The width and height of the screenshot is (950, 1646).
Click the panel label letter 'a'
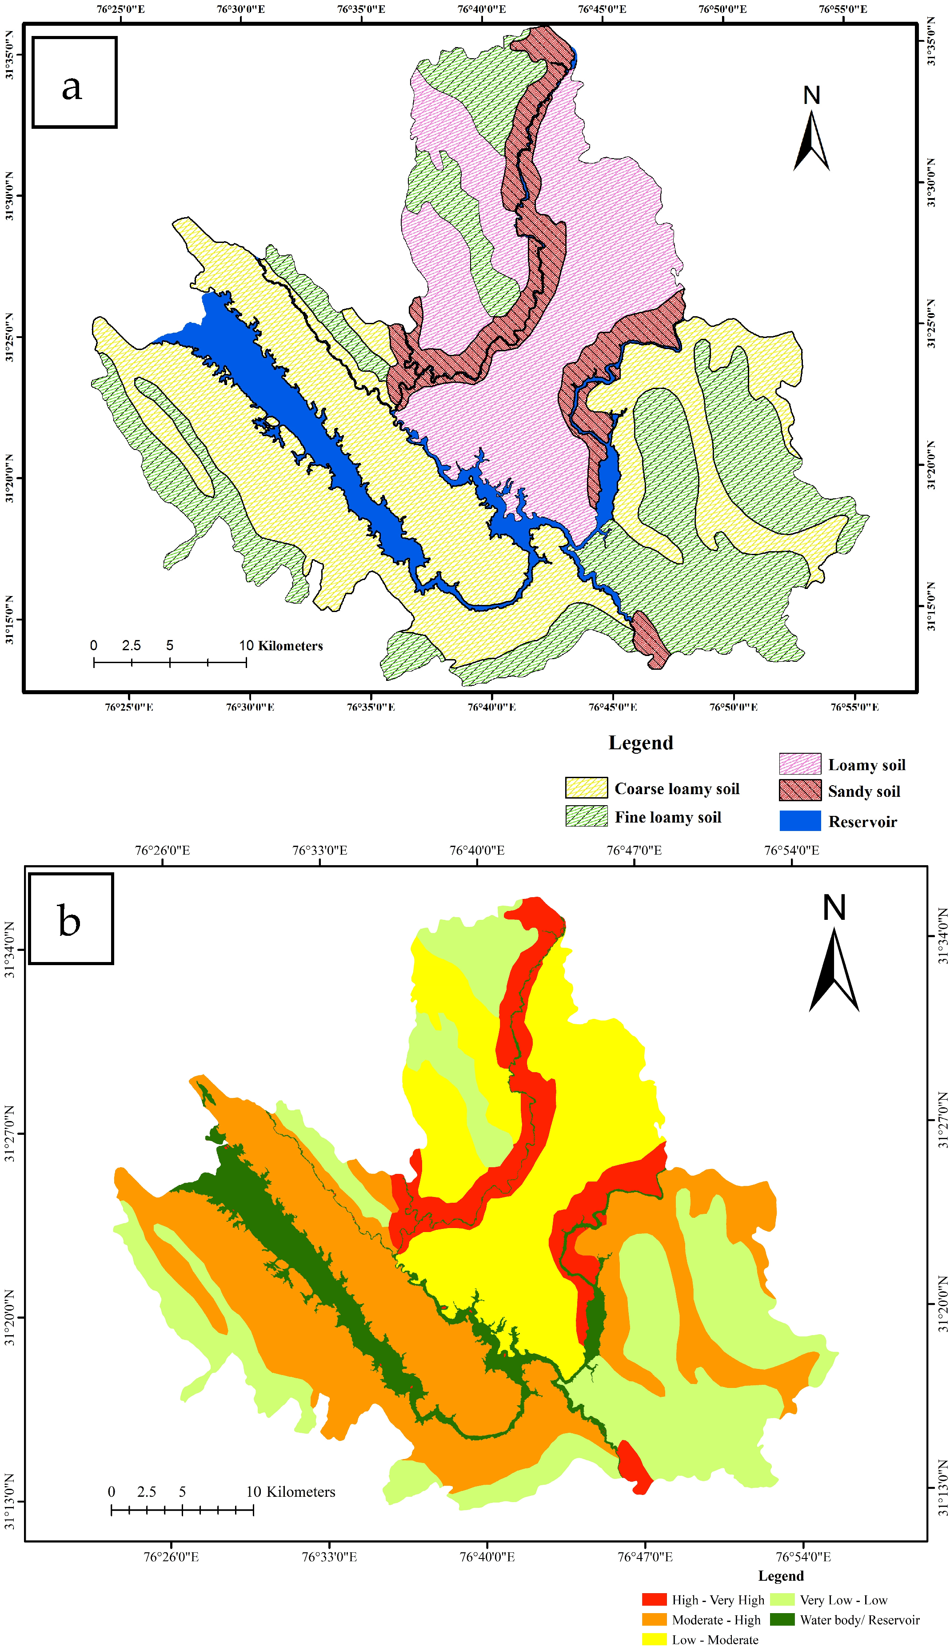[x=72, y=87]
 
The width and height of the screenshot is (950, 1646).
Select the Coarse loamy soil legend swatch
[x=586, y=788]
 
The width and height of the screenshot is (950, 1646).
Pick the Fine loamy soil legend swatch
[x=586, y=816]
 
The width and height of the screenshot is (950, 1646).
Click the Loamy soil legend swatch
[x=799, y=763]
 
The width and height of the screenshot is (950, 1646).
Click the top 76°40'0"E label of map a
[x=482, y=9]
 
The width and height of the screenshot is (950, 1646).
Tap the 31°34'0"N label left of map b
[x=9, y=950]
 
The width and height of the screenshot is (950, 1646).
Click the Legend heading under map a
[x=640, y=743]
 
